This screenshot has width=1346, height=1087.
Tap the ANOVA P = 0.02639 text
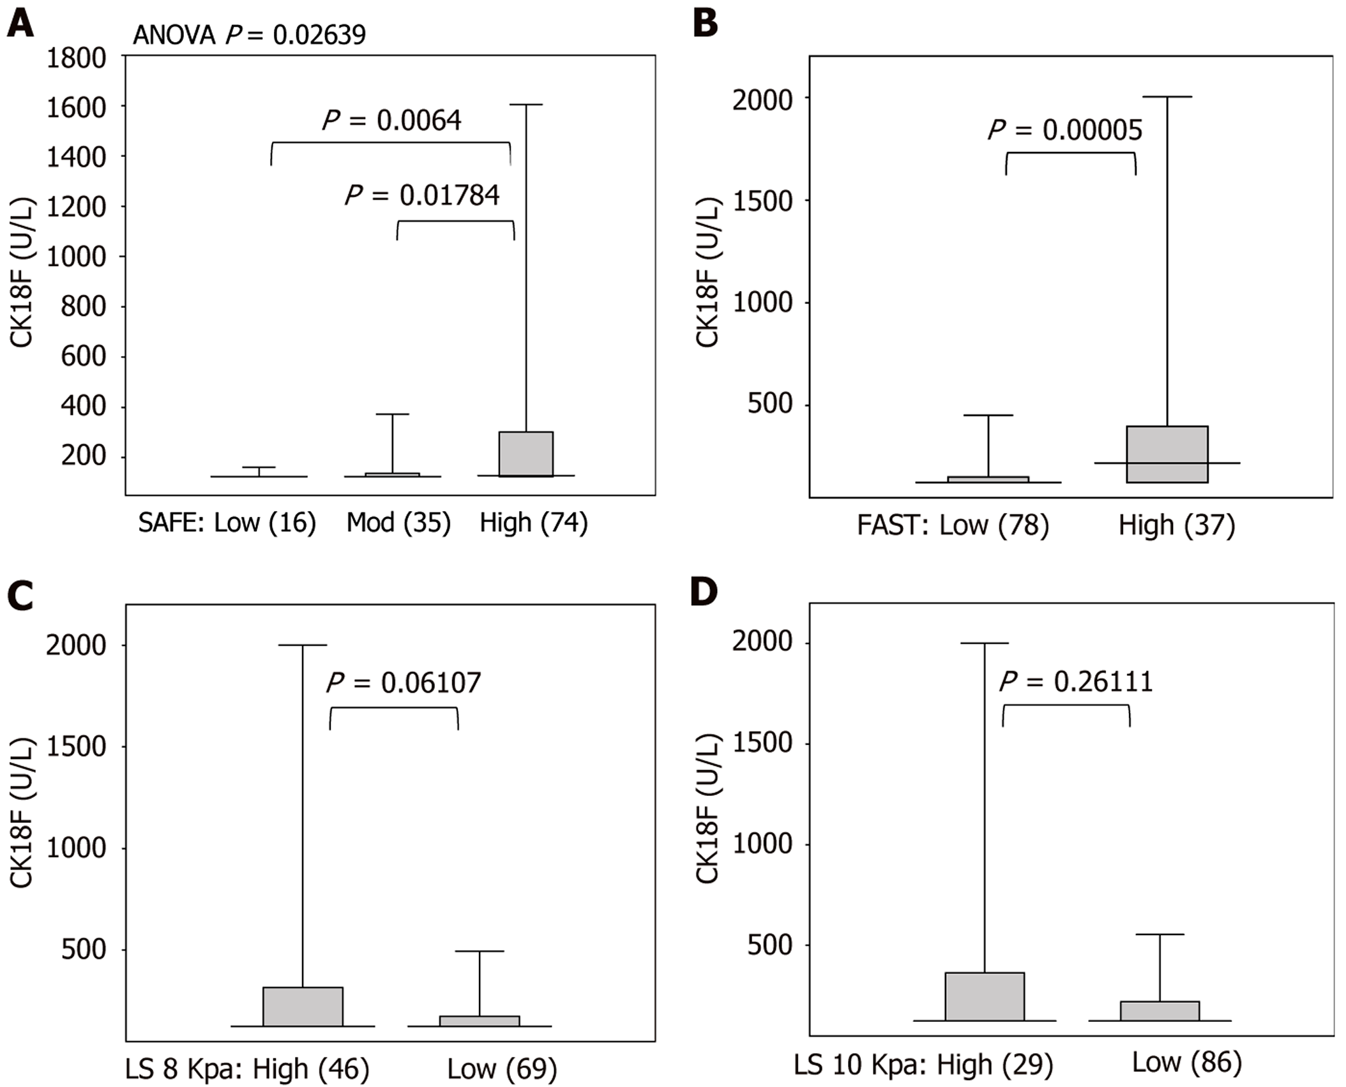pos(249,34)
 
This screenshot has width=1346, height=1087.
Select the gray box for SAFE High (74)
pos(526,454)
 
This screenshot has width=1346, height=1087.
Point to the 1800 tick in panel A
pos(76,58)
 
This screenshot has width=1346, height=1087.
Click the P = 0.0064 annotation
pos(391,120)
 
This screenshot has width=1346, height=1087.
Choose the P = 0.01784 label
pos(422,195)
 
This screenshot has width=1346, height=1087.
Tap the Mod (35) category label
pos(398,523)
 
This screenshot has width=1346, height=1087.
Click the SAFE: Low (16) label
pos(227,523)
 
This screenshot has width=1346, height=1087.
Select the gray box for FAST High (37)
pos(1167,454)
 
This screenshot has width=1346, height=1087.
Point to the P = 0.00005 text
pos(1065,130)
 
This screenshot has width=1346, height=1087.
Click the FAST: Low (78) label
pos(953,525)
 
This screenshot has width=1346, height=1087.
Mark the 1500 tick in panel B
pos(762,201)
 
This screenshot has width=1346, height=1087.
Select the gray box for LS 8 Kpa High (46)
pos(303,1007)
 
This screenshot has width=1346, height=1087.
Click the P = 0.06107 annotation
pos(404,683)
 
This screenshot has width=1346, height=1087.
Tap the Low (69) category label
pos(502,1068)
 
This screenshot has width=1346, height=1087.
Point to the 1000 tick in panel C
pos(76,848)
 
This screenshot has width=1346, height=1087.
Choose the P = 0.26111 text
pos(1077,681)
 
